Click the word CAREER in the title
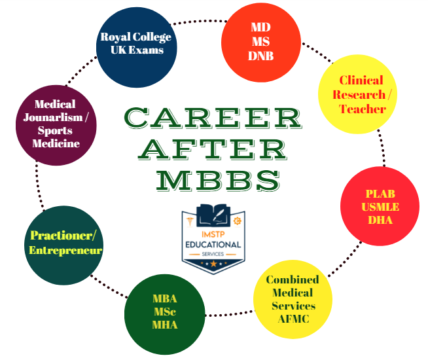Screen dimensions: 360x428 click(212, 118)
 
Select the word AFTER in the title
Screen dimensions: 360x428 click(212, 149)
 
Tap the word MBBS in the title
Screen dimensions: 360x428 click(213, 178)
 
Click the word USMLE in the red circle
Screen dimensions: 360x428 click(380, 207)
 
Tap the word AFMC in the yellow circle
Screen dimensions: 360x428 click(291, 319)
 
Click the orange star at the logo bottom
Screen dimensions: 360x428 click(213, 262)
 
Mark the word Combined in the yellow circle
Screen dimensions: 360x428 click(293, 280)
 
